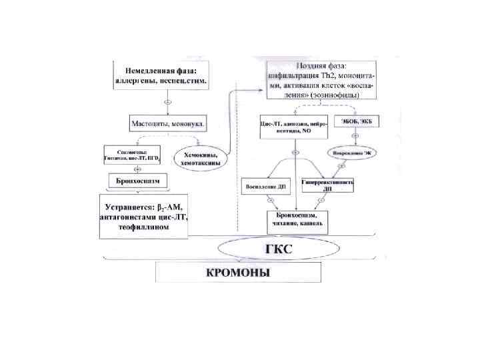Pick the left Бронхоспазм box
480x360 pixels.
tap(137, 181)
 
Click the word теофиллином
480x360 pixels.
tap(143, 227)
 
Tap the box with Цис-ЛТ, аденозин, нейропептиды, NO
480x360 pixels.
tap(294, 127)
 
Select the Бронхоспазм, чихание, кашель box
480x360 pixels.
tap(297, 220)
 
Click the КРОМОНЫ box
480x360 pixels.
tap(238, 273)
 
